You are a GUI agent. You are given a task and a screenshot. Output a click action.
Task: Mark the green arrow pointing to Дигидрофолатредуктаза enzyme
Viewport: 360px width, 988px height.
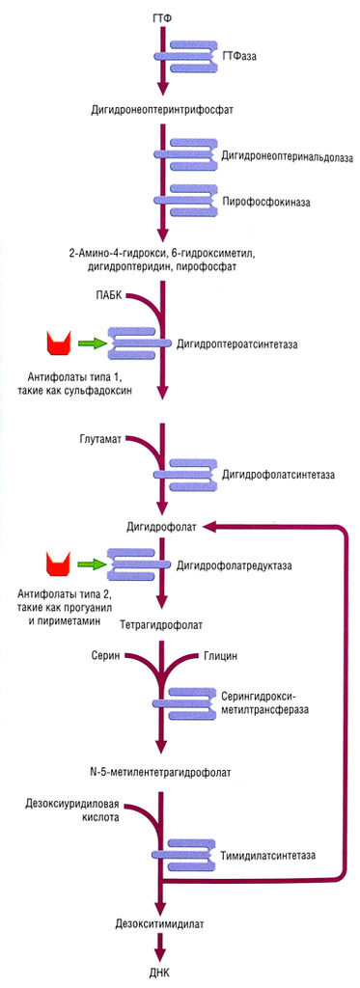point(92,563)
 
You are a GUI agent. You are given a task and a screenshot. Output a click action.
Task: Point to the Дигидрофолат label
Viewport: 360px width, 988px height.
point(161,527)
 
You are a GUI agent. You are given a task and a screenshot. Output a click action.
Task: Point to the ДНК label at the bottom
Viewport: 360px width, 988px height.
point(161,972)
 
